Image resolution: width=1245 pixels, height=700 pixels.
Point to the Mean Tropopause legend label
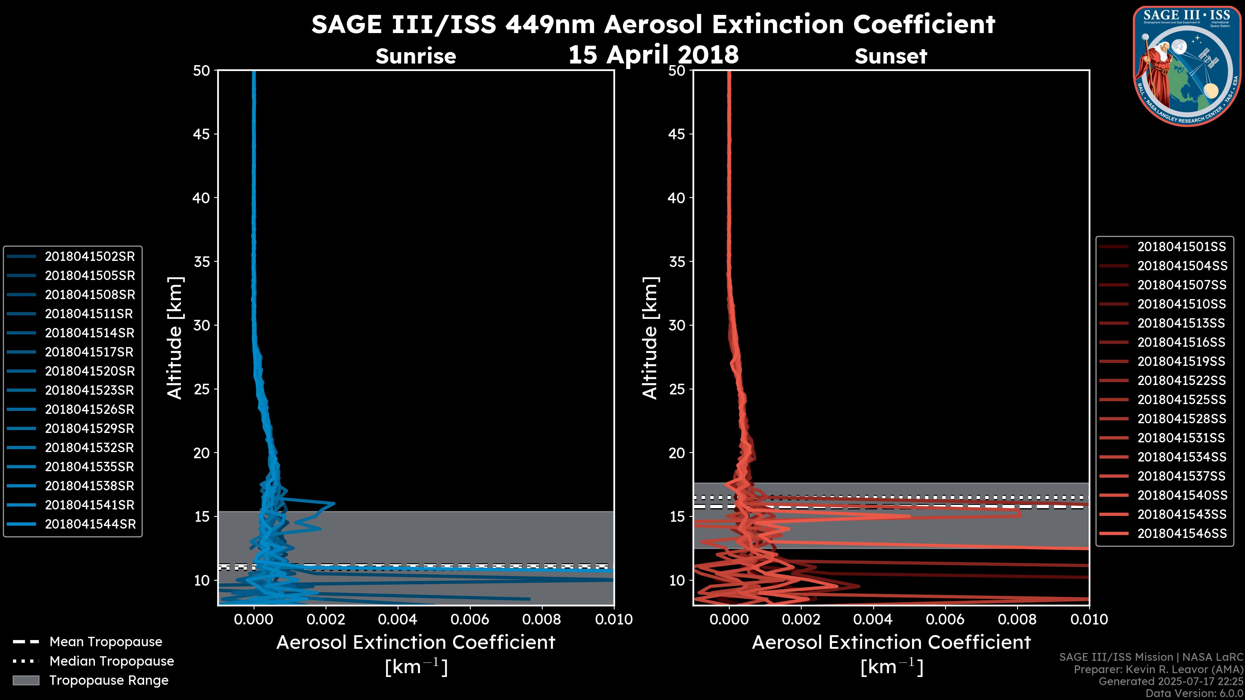coord(106,642)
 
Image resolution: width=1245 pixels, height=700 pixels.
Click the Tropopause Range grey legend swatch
coord(26,680)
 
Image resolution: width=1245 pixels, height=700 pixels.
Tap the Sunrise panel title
coord(416,56)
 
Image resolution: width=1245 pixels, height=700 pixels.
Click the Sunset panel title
coord(891,56)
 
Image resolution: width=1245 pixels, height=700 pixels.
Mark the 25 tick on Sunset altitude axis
coord(677,389)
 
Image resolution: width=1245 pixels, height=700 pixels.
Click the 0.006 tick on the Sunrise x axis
coord(470,619)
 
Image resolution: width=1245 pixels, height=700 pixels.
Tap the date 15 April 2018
coord(653,54)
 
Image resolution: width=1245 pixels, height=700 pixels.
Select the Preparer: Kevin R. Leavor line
coord(1158,670)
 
